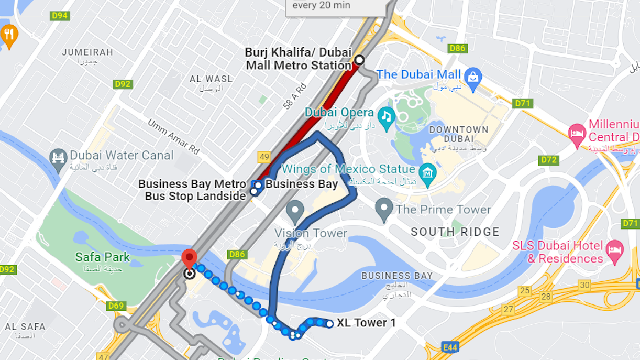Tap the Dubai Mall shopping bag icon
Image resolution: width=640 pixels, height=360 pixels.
coord(473,76)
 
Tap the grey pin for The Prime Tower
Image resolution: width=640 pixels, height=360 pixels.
coord(384,209)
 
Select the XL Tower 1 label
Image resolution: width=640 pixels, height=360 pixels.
coord(366,323)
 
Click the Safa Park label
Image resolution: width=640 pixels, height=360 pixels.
coord(102,257)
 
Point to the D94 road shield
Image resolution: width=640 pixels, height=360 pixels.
coord(60,16)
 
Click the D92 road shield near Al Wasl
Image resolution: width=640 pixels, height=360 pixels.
coord(123,84)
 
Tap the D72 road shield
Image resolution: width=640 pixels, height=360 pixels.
coord(549,159)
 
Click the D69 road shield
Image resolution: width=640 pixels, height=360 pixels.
coord(116,306)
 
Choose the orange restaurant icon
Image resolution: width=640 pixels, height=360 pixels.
coord(8,35)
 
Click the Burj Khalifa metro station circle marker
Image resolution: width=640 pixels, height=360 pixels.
coord(359,60)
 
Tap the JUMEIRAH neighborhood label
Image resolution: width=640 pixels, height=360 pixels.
coord(87,52)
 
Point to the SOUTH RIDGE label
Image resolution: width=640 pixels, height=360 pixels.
coord(455,232)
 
